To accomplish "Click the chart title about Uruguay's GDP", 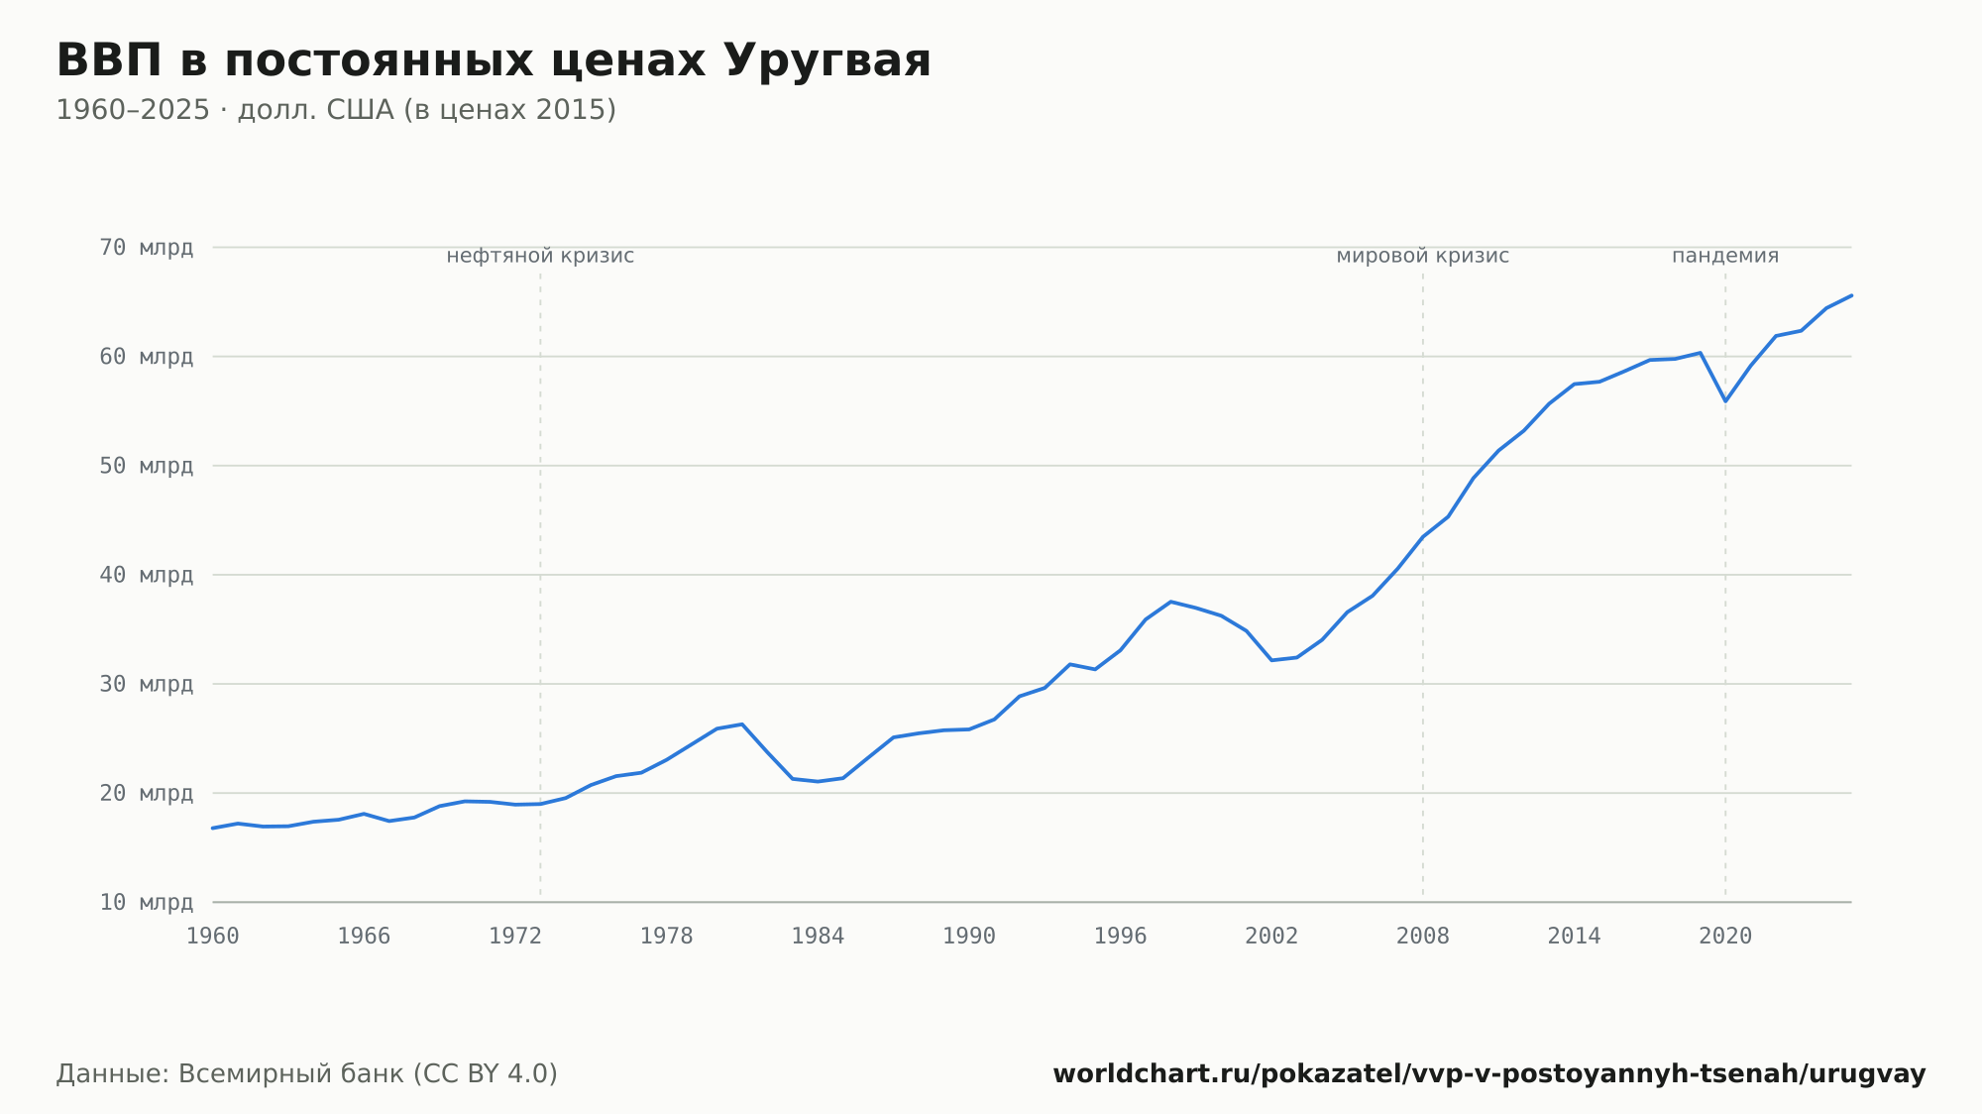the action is click(494, 60).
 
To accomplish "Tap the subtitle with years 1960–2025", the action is click(336, 110).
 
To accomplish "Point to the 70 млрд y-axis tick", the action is click(147, 247).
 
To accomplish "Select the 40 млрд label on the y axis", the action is click(147, 575).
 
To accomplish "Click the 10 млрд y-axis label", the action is click(147, 902).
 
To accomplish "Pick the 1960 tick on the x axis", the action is click(213, 937).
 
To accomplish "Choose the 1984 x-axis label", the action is click(818, 937).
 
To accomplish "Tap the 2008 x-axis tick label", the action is click(1423, 937).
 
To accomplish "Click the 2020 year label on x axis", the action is click(1725, 937).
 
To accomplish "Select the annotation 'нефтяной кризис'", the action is click(540, 256).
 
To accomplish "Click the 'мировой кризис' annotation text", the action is click(1423, 256).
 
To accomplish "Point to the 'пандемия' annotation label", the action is click(1725, 256).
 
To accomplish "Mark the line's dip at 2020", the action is click(1725, 401).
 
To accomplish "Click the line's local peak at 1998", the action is click(1170, 602).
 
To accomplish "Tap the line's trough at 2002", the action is click(1271, 660).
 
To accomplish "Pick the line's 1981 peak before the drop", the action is click(742, 724).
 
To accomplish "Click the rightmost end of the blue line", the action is click(1851, 295).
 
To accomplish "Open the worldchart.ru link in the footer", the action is click(1489, 1074).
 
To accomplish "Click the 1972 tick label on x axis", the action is click(515, 937).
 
